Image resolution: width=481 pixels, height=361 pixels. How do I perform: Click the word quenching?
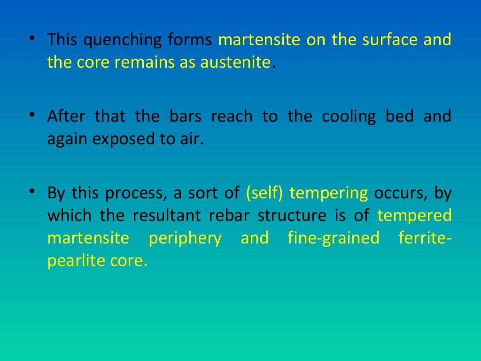tap(123, 40)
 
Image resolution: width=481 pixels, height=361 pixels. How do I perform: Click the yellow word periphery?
tap(185, 238)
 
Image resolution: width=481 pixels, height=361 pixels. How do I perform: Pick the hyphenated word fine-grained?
tap(333, 238)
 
